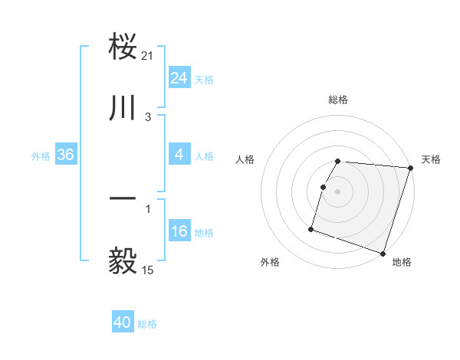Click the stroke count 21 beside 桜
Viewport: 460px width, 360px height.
(x=148, y=55)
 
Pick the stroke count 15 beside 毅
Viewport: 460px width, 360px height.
(x=148, y=270)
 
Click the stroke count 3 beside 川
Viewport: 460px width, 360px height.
(x=148, y=116)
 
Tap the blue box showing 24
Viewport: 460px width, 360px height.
(x=179, y=78)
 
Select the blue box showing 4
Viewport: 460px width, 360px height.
(x=179, y=155)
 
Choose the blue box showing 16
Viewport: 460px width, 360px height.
(x=179, y=231)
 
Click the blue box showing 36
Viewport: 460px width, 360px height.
(x=66, y=155)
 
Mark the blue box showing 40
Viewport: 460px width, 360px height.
(x=123, y=322)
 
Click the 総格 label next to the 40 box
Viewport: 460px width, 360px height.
(x=148, y=324)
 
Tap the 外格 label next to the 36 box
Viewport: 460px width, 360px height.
(x=41, y=156)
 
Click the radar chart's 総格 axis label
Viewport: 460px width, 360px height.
(x=338, y=100)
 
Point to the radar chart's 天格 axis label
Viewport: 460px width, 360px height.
(x=431, y=159)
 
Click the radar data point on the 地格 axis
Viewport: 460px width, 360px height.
(x=383, y=253)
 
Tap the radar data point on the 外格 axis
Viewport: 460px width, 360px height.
(x=311, y=228)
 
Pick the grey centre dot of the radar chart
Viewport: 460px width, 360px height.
(x=338, y=191)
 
